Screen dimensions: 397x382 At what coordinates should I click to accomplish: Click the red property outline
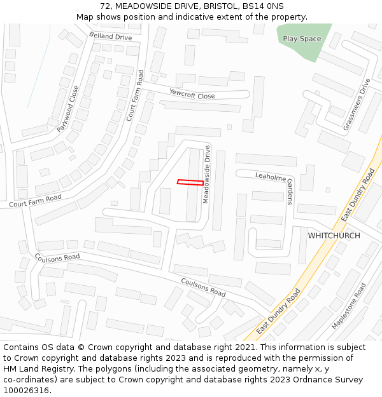pos(190,182)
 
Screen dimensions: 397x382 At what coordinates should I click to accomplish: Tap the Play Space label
pos(302,39)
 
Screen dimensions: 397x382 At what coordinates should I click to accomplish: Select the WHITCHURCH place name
pos(334,236)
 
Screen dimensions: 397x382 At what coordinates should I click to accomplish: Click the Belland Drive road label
pos(111,37)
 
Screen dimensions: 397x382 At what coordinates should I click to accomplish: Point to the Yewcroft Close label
pos(192,94)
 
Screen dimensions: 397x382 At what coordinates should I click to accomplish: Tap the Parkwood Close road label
pos(68,109)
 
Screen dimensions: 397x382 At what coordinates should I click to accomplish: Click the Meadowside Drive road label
pos(206,175)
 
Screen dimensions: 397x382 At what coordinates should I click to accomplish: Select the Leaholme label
pos(271,177)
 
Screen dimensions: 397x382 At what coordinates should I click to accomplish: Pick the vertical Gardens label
pos(289,191)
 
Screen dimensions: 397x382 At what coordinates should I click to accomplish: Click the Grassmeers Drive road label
pos(357,105)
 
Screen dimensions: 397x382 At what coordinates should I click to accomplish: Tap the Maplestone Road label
pos(349,306)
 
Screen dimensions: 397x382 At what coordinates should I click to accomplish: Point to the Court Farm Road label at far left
pos(35,201)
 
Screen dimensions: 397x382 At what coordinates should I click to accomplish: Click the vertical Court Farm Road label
pos(134,95)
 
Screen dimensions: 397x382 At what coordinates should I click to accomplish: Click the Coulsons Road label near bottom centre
pos(203,288)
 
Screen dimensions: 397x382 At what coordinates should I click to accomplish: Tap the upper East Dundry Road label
pos(358,195)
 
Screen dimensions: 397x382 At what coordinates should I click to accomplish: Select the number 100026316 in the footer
pos(26,391)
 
